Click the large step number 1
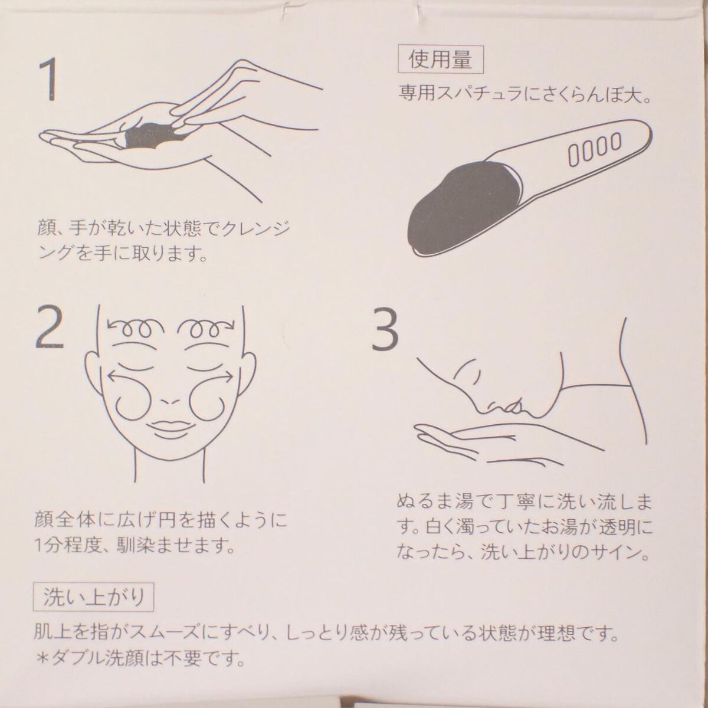pos(49,80)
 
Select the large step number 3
pos(385,329)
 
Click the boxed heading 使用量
pos(441,59)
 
